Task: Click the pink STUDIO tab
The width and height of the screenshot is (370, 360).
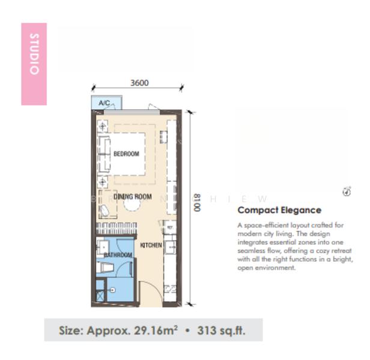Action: coord(34,64)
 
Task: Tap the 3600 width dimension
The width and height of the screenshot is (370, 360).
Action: coord(139,83)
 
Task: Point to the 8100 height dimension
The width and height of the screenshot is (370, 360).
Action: coord(197,205)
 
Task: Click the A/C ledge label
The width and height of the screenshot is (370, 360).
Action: coord(104,103)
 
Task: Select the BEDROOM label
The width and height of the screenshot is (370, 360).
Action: coord(126,154)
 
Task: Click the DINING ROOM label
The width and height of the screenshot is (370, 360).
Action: coord(133,197)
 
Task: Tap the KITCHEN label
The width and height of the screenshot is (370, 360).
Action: coord(151,245)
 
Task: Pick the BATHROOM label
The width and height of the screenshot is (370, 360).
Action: coord(118,255)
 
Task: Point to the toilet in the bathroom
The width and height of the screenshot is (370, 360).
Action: coord(105,269)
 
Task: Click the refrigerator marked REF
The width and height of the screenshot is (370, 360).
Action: coord(171,228)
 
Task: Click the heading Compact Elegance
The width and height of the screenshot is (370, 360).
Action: coord(279,210)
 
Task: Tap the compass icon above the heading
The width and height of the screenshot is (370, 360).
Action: coord(347,191)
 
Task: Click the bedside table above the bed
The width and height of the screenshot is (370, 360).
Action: coord(103,127)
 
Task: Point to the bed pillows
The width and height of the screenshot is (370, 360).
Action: coord(104,154)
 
